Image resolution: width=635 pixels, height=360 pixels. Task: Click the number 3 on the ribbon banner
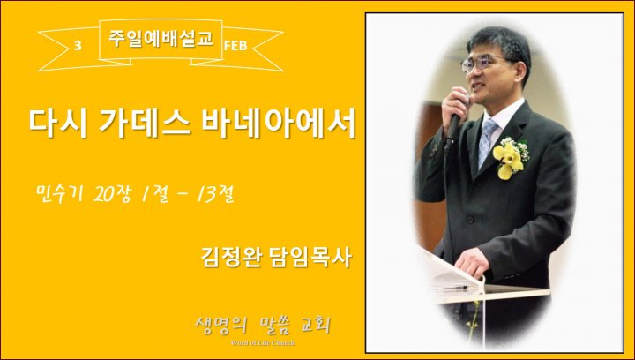click(x=78, y=45)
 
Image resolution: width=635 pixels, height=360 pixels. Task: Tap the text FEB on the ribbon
click(x=235, y=46)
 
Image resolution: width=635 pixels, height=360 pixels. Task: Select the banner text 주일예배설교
click(x=161, y=38)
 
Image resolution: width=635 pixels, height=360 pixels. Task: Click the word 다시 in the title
click(x=57, y=124)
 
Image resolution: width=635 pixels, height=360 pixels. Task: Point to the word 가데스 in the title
click(x=145, y=124)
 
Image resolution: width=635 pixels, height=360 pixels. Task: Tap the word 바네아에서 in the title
click(x=279, y=124)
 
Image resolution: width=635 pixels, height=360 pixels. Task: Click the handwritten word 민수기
click(x=59, y=193)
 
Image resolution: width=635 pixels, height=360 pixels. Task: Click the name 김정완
click(x=229, y=257)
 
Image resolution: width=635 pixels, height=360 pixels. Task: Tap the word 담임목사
click(x=310, y=257)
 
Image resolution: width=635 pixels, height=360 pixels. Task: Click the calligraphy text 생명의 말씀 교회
click(x=263, y=326)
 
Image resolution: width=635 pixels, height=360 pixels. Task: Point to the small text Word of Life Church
click(x=263, y=343)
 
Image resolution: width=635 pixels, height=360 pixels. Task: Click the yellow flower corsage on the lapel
click(x=511, y=158)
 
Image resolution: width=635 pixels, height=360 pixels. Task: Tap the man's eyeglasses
click(x=484, y=63)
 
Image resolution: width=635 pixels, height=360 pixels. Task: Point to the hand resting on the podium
click(x=472, y=262)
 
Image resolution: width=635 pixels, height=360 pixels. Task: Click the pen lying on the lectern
click(x=451, y=288)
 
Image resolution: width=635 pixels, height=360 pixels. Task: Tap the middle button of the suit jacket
click(x=470, y=220)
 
